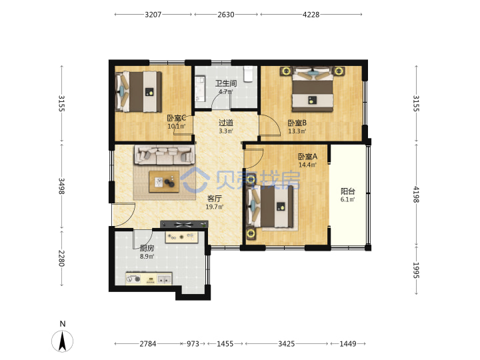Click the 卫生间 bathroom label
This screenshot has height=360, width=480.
pos(226,83)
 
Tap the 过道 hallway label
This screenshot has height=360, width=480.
pos(226,123)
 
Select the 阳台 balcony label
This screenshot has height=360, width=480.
pos(348,191)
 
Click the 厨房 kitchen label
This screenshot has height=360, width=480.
pos(147,248)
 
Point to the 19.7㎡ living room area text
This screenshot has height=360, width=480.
pos(215,207)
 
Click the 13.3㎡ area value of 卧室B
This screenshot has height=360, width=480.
pos(297,131)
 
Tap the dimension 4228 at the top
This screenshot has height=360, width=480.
pos(311,15)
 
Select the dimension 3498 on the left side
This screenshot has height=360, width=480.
pos(61,186)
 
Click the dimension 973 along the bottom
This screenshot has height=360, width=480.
pos(193,344)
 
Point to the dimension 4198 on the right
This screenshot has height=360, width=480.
pos(416,195)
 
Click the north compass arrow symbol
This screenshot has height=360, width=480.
pos(63,341)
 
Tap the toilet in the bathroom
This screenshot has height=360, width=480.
pos(248,74)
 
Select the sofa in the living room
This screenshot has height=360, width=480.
pos(165,155)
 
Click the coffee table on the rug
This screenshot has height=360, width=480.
pos(164,181)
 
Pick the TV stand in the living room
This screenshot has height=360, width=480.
pos(184,225)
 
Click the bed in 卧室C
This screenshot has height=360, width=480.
pos(139,91)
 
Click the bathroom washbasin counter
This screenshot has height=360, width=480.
pos(200,89)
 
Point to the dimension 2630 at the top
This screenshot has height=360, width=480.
pos(226,15)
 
